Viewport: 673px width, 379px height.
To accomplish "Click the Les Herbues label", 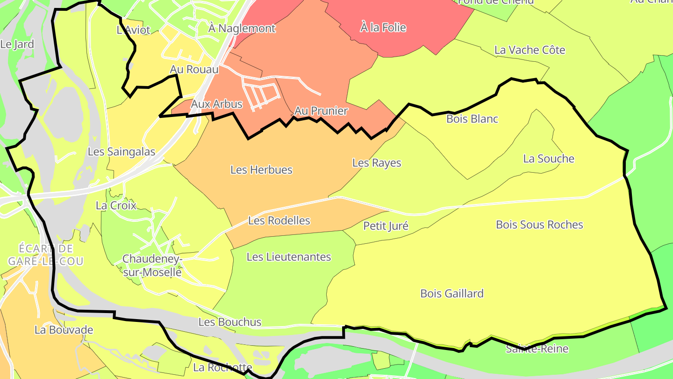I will (x=261, y=169).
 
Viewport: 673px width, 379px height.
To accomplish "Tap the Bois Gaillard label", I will (x=452, y=293).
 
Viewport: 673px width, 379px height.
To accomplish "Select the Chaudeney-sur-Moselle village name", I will (x=152, y=265).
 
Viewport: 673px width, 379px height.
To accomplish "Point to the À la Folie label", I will (x=383, y=28).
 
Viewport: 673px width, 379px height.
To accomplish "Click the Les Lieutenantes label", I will (x=288, y=256).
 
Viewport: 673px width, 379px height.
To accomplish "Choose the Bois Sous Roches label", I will (x=539, y=225).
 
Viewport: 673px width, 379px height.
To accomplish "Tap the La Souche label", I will (x=549, y=159).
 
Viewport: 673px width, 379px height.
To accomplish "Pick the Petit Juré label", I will (x=386, y=226).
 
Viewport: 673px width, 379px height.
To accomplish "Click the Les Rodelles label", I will (x=279, y=220).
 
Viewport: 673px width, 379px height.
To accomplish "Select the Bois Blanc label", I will (x=472, y=119).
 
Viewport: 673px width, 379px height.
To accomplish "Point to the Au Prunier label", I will (x=321, y=111).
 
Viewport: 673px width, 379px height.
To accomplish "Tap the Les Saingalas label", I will (x=122, y=152).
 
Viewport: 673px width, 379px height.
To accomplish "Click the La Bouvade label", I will (x=64, y=330).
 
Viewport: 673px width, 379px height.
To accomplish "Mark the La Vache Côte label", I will (x=530, y=50).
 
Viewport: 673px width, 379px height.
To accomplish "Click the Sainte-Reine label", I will (x=537, y=349).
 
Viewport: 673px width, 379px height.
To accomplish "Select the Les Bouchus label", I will (x=229, y=322).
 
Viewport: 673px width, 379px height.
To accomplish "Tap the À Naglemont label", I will (x=242, y=28).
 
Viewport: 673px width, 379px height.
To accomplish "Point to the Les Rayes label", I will (x=377, y=163).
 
